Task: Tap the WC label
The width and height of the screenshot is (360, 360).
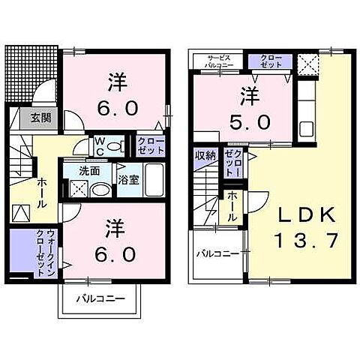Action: pos(100,145)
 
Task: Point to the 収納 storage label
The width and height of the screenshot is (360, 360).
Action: pos(205,156)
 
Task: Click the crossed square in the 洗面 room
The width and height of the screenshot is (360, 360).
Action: pos(78,189)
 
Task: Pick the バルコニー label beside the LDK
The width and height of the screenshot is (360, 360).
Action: pos(217,255)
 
